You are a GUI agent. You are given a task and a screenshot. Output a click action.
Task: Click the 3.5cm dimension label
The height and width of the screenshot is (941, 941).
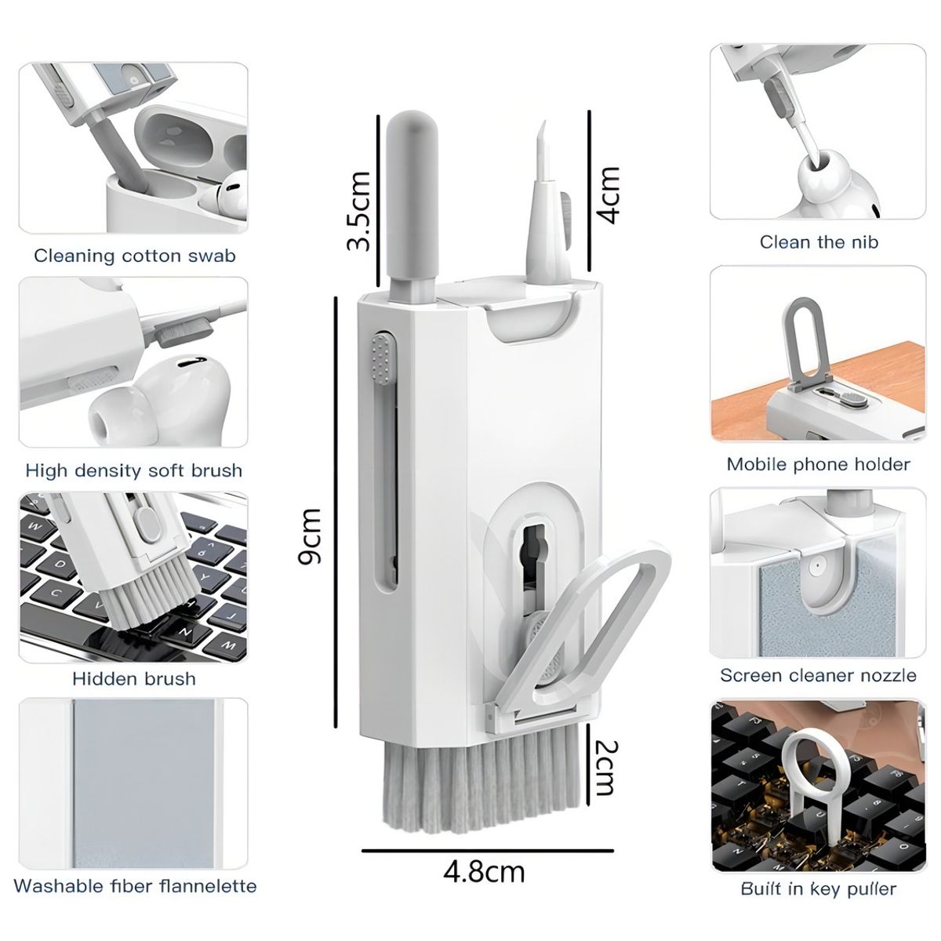(x=359, y=211)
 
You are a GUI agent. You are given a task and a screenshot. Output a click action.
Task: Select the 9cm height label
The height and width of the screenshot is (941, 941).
(x=311, y=536)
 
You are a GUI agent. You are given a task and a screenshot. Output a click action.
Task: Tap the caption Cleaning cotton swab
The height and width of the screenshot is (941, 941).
(x=135, y=256)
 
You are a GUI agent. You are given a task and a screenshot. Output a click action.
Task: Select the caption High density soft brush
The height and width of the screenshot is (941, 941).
(x=134, y=470)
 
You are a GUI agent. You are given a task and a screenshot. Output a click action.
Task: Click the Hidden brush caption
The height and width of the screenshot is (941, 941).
(x=134, y=678)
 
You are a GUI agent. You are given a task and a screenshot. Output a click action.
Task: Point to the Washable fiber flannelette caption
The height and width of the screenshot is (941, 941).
(x=135, y=886)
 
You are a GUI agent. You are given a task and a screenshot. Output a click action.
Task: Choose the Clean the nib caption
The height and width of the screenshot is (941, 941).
(x=819, y=242)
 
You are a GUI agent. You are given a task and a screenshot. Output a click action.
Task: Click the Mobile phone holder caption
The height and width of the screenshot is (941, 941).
(x=819, y=464)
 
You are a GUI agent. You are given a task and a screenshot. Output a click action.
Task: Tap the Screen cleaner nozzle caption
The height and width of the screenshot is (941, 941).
(x=819, y=675)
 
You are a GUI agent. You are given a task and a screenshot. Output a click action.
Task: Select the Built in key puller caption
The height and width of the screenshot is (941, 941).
(x=819, y=888)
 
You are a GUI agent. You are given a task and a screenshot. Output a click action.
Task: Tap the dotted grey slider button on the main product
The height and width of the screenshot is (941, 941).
(x=383, y=357)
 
